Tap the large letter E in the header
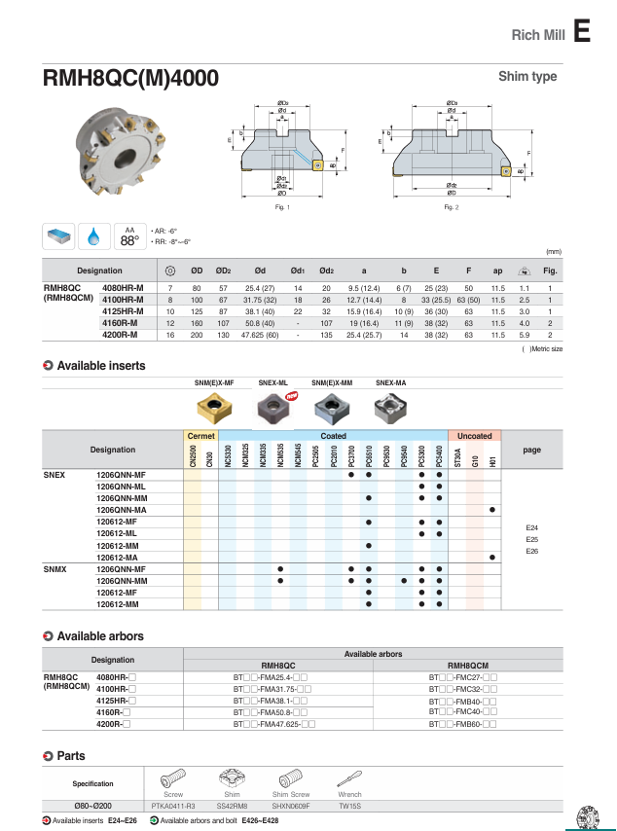click(581, 32)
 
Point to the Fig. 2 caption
click(451, 207)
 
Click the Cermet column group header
click(200, 436)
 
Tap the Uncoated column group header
click(474, 436)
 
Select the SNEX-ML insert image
click(273, 404)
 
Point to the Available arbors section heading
click(100, 636)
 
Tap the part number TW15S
click(348, 806)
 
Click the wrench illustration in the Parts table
click(348, 778)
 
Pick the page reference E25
click(531, 539)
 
